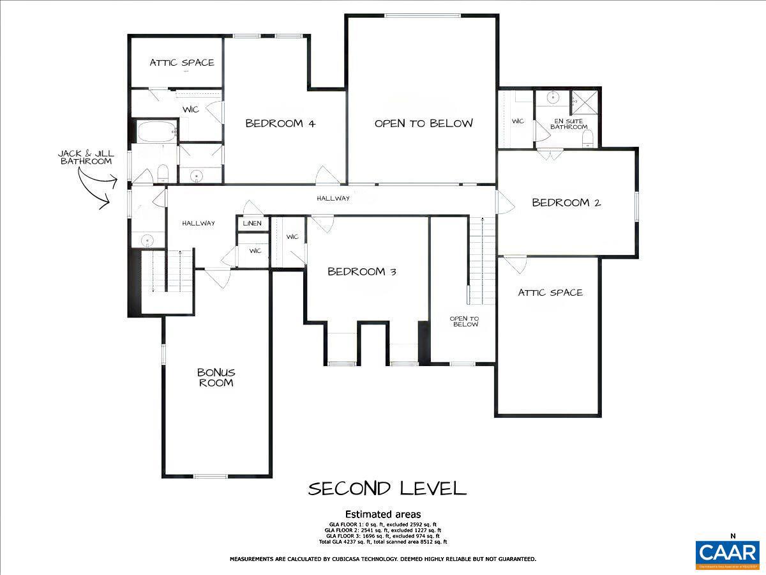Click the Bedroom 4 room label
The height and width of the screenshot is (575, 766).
pos(280,123)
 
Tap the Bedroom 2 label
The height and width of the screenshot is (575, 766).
pos(566,203)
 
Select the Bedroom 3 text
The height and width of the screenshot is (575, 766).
pos(362,272)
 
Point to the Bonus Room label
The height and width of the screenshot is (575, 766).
pos(216,377)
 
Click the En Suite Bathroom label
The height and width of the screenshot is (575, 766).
pos(570,123)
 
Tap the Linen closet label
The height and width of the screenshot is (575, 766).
pos(252,224)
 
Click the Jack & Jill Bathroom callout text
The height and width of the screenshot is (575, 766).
pos(86,157)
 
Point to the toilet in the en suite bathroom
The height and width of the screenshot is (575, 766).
pos(588,138)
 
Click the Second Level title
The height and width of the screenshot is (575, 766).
pos(387,489)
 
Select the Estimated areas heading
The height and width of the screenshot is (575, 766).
pos(383,514)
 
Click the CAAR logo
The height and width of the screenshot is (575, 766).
pos(728,553)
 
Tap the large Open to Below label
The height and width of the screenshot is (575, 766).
pos(424,123)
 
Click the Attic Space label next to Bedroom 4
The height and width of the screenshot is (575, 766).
pos(182,63)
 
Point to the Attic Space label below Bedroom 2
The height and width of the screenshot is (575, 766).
pos(550,293)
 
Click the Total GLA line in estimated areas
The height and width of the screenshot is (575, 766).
pos(383,542)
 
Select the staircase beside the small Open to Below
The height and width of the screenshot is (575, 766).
pos(482,259)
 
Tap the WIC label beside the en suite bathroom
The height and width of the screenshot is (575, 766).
pos(518,121)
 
